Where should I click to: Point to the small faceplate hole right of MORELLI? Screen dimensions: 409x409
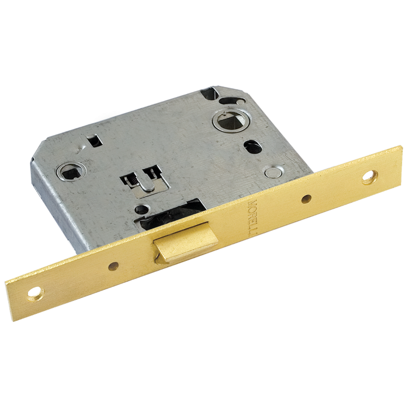(x=306, y=199)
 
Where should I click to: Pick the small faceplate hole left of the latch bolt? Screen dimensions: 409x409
(x=113, y=266)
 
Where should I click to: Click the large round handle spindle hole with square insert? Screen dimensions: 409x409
(x=229, y=121)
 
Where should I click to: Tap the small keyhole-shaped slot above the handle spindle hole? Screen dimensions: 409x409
(x=231, y=100)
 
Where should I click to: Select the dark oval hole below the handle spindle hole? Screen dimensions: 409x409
(x=252, y=147)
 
